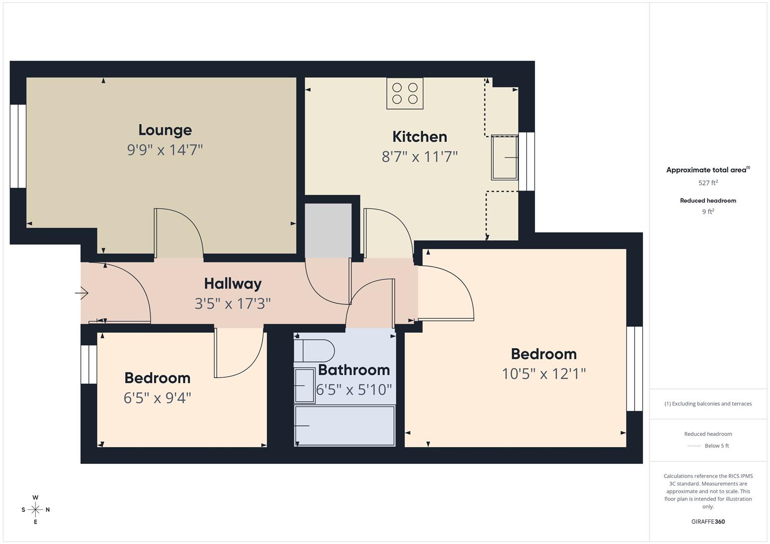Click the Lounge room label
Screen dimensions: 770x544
point(165,130)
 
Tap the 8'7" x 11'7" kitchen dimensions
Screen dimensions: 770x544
point(420,157)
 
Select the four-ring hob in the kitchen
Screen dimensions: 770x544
point(404,93)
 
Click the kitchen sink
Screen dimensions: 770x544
point(504,158)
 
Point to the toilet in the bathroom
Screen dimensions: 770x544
point(314,351)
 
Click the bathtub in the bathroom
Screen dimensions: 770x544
point(345,426)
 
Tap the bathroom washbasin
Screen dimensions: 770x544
point(305,385)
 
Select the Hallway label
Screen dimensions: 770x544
point(233,284)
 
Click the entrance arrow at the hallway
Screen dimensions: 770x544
point(82,293)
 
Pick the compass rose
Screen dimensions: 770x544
point(35,510)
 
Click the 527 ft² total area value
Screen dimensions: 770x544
point(708,183)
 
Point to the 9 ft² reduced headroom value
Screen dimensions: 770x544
point(708,212)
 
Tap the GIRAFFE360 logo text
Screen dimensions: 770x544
point(708,522)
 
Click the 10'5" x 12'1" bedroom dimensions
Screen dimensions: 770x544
point(544,374)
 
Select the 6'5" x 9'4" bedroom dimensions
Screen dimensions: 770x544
point(157,398)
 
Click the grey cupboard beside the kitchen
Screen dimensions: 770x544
point(328,231)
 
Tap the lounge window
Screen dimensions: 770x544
point(18,146)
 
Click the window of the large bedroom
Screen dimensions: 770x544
point(634,369)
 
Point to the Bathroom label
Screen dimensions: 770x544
point(353,370)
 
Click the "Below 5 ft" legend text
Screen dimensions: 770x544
point(717,446)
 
